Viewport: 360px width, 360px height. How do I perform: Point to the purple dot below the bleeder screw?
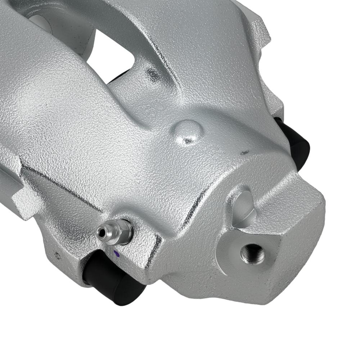(116, 253)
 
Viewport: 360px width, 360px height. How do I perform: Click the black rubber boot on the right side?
(297, 144)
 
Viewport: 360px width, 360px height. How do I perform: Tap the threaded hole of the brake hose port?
(252, 253)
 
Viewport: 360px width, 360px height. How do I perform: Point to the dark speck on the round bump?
(188, 140)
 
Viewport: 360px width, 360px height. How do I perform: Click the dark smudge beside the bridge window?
(153, 75)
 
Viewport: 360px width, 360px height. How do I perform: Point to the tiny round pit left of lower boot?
(57, 255)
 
